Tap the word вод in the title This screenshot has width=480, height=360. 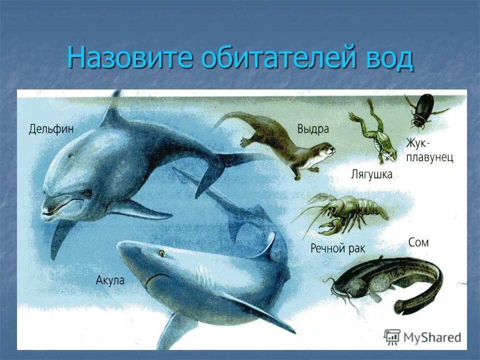(386, 59)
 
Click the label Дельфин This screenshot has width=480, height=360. (51, 129)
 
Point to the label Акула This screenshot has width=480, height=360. (110, 280)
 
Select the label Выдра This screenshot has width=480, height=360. (313, 129)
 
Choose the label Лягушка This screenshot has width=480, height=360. (371, 174)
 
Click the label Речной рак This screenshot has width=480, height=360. (338, 248)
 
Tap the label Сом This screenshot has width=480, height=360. (418, 243)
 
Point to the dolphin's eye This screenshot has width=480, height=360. (88, 192)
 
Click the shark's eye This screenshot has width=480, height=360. (162, 253)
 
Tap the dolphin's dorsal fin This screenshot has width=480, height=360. (112, 112)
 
